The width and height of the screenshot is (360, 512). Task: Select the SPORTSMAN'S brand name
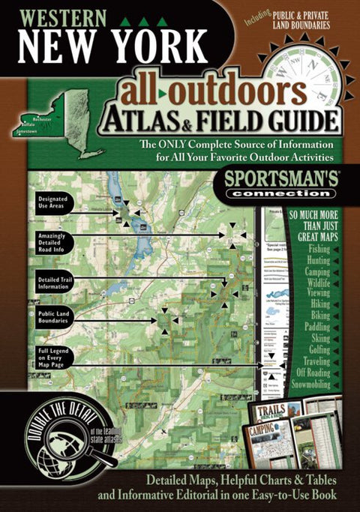coord(273,181)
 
